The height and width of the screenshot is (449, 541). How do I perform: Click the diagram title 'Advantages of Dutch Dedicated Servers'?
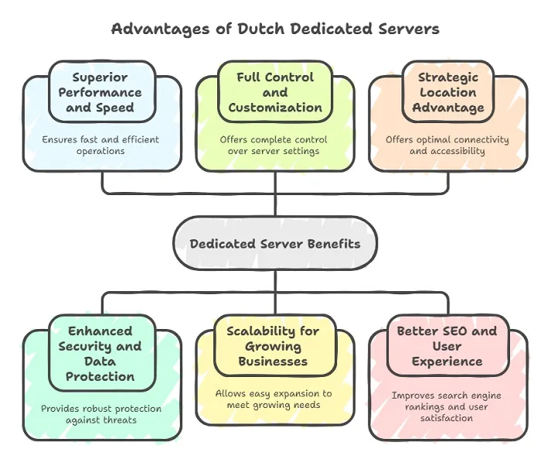(x=275, y=29)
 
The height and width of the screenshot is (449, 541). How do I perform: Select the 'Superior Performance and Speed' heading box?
(x=100, y=92)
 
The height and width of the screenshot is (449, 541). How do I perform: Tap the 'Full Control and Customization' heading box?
(x=274, y=92)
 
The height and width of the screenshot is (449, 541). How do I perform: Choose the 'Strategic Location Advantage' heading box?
(x=448, y=92)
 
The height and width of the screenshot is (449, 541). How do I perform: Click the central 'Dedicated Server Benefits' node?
(x=275, y=244)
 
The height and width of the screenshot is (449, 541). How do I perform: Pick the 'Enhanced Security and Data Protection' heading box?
(x=100, y=353)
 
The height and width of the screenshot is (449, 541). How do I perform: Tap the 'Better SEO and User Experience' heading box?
(x=448, y=346)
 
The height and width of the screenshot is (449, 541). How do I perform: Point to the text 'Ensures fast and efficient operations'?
(x=100, y=146)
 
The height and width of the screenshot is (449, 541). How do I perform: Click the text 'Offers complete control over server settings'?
(x=274, y=146)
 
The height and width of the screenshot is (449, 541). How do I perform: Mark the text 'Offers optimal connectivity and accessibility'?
(x=448, y=146)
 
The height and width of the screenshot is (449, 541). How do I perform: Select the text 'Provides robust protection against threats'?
(x=100, y=413)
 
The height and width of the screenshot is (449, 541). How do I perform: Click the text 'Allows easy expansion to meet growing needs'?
(x=274, y=399)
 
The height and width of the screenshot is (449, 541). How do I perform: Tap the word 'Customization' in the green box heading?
(x=274, y=108)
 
